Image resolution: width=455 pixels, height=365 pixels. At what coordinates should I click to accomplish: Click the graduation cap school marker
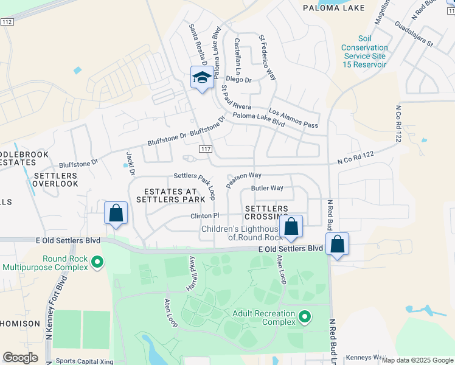[x=202, y=77]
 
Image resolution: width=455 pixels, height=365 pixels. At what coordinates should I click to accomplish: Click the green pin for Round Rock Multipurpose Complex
[x=97, y=262]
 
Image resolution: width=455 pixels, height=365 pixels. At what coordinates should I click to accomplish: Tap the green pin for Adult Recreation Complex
[x=305, y=316]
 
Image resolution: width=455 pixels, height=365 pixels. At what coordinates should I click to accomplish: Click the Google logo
[x=21, y=357]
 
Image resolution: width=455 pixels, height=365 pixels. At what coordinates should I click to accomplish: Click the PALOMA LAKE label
[x=334, y=8]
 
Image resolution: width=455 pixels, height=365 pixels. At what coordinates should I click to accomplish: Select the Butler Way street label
[x=268, y=188]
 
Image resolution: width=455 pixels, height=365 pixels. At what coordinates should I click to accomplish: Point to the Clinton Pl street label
[x=204, y=216]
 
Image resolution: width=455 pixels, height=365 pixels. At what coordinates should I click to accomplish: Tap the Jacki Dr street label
[x=129, y=160]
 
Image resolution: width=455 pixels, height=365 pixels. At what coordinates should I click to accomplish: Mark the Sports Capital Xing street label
[x=85, y=361]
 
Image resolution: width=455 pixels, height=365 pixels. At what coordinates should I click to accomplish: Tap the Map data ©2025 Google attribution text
[x=416, y=360]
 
